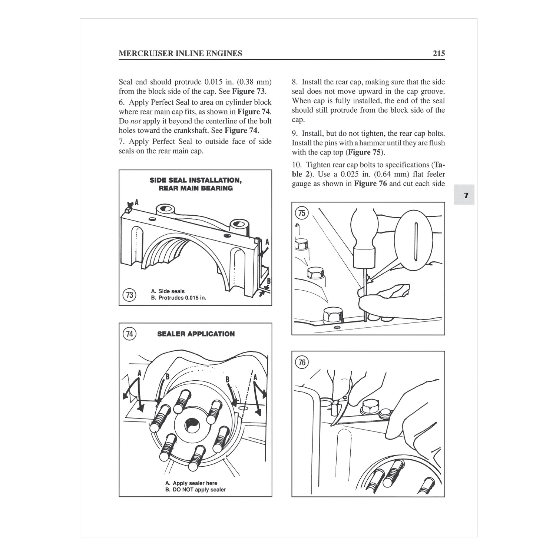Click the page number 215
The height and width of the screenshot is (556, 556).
click(438, 53)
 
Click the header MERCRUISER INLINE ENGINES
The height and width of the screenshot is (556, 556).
click(180, 53)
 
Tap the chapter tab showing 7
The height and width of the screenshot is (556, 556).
click(466, 195)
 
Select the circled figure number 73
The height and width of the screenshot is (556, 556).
click(129, 295)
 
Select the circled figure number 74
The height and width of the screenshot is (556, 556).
click(129, 334)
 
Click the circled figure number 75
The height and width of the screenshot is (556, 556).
click(302, 213)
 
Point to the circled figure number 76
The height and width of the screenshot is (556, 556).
click(302, 362)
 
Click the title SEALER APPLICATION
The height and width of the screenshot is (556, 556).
click(196, 334)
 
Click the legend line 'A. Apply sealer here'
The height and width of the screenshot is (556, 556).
click(191, 483)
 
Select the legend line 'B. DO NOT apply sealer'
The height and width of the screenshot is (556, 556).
click(195, 490)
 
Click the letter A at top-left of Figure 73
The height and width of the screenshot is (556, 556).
click(136, 202)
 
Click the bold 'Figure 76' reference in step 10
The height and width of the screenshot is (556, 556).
click(370, 183)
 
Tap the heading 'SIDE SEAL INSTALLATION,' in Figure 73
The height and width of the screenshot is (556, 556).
click(195, 180)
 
